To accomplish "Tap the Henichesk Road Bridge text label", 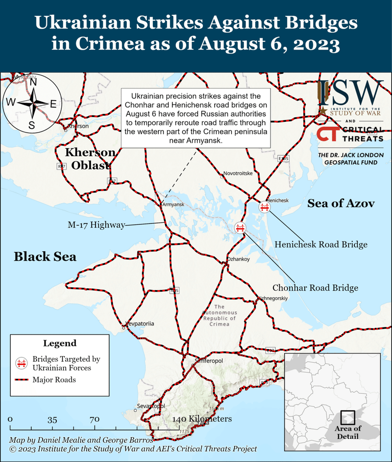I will pyautogui.click(x=320, y=244).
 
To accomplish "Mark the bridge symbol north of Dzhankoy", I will pyautogui.click(x=240, y=227).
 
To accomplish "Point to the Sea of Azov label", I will pyautogui.click(x=341, y=203).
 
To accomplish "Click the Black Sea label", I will pyautogui.click(x=45, y=256).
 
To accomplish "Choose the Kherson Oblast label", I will pyautogui.click(x=91, y=159).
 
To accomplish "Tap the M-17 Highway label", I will pyautogui.click(x=96, y=225).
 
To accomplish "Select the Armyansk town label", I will pyautogui.click(x=172, y=204).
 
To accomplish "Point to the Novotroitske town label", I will pyautogui.click(x=238, y=173).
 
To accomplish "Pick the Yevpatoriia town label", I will pyautogui.click(x=141, y=324).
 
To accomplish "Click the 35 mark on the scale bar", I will pyautogui.click(x=52, y=420).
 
